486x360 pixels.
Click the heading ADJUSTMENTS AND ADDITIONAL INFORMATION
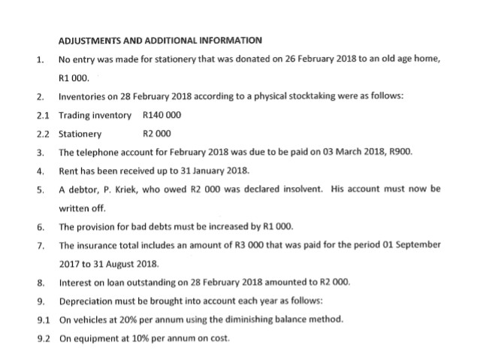pyautogui.click(x=159, y=40)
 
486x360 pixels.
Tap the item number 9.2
pyautogui.click(x=42, y=337)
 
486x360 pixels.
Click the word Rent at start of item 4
pyautogui.click(x=68, y=170)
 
